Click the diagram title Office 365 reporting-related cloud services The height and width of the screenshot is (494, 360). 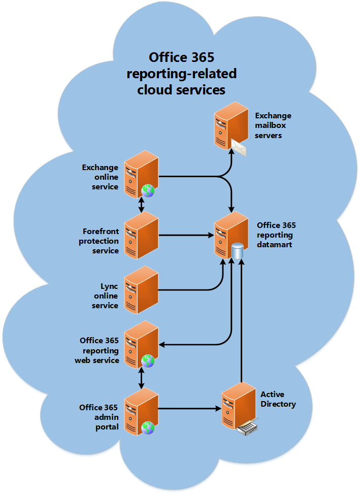[181, 74]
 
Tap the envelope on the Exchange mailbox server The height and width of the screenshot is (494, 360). [237, 147]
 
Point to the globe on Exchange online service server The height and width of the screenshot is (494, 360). [148, 190]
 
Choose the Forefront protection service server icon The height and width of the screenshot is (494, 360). [141, 235]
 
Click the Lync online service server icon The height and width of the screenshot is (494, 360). [141, 290]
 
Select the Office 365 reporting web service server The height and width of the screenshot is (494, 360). [141, 344]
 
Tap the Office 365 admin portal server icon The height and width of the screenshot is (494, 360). [141, 410]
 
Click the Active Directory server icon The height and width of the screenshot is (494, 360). [238, 406]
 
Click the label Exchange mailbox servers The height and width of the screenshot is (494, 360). [273, 126]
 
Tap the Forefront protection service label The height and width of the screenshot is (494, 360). [99, 241]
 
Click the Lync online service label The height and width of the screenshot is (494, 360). [105, 296]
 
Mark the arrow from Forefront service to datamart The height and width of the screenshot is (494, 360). [185, 235]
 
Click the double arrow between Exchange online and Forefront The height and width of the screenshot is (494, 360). [141, 205]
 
